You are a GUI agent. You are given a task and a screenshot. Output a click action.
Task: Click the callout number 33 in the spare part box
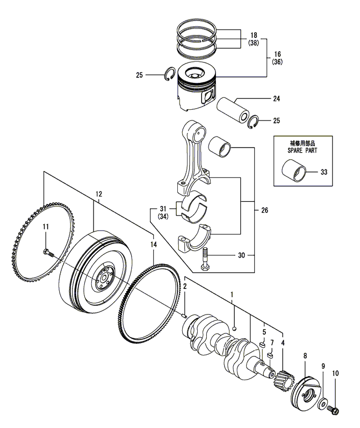tap(323, 172)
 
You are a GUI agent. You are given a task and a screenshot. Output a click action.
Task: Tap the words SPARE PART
tap(303, 151)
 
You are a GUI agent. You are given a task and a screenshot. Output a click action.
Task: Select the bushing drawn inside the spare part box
tap(294, 170)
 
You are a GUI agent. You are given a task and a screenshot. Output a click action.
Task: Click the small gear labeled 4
tap(284, 379)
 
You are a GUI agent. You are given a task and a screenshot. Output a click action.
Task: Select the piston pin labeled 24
tap(233, 110)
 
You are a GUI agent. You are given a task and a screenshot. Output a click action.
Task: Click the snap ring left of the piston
tap(170, 74)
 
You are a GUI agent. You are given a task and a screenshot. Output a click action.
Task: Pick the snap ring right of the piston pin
tap(253, 122)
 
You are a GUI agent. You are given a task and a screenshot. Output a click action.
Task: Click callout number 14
tap(154, 245)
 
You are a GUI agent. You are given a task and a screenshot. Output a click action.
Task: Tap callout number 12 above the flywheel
tap(99, 194)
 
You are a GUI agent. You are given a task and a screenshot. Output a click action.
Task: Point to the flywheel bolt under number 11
tap(48, 253)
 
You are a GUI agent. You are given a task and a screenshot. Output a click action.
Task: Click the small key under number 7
tap(271, 355)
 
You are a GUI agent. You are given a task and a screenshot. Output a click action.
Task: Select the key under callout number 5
tap(263, 345)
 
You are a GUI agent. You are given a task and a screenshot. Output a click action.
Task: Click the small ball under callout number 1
tap(234, 328)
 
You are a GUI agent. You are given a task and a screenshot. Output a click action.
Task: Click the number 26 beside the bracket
tap(264, 210)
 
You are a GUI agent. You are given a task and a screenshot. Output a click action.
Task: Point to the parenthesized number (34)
tap(163, 217)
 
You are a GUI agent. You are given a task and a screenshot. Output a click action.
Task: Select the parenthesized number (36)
tap(277, 62)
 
